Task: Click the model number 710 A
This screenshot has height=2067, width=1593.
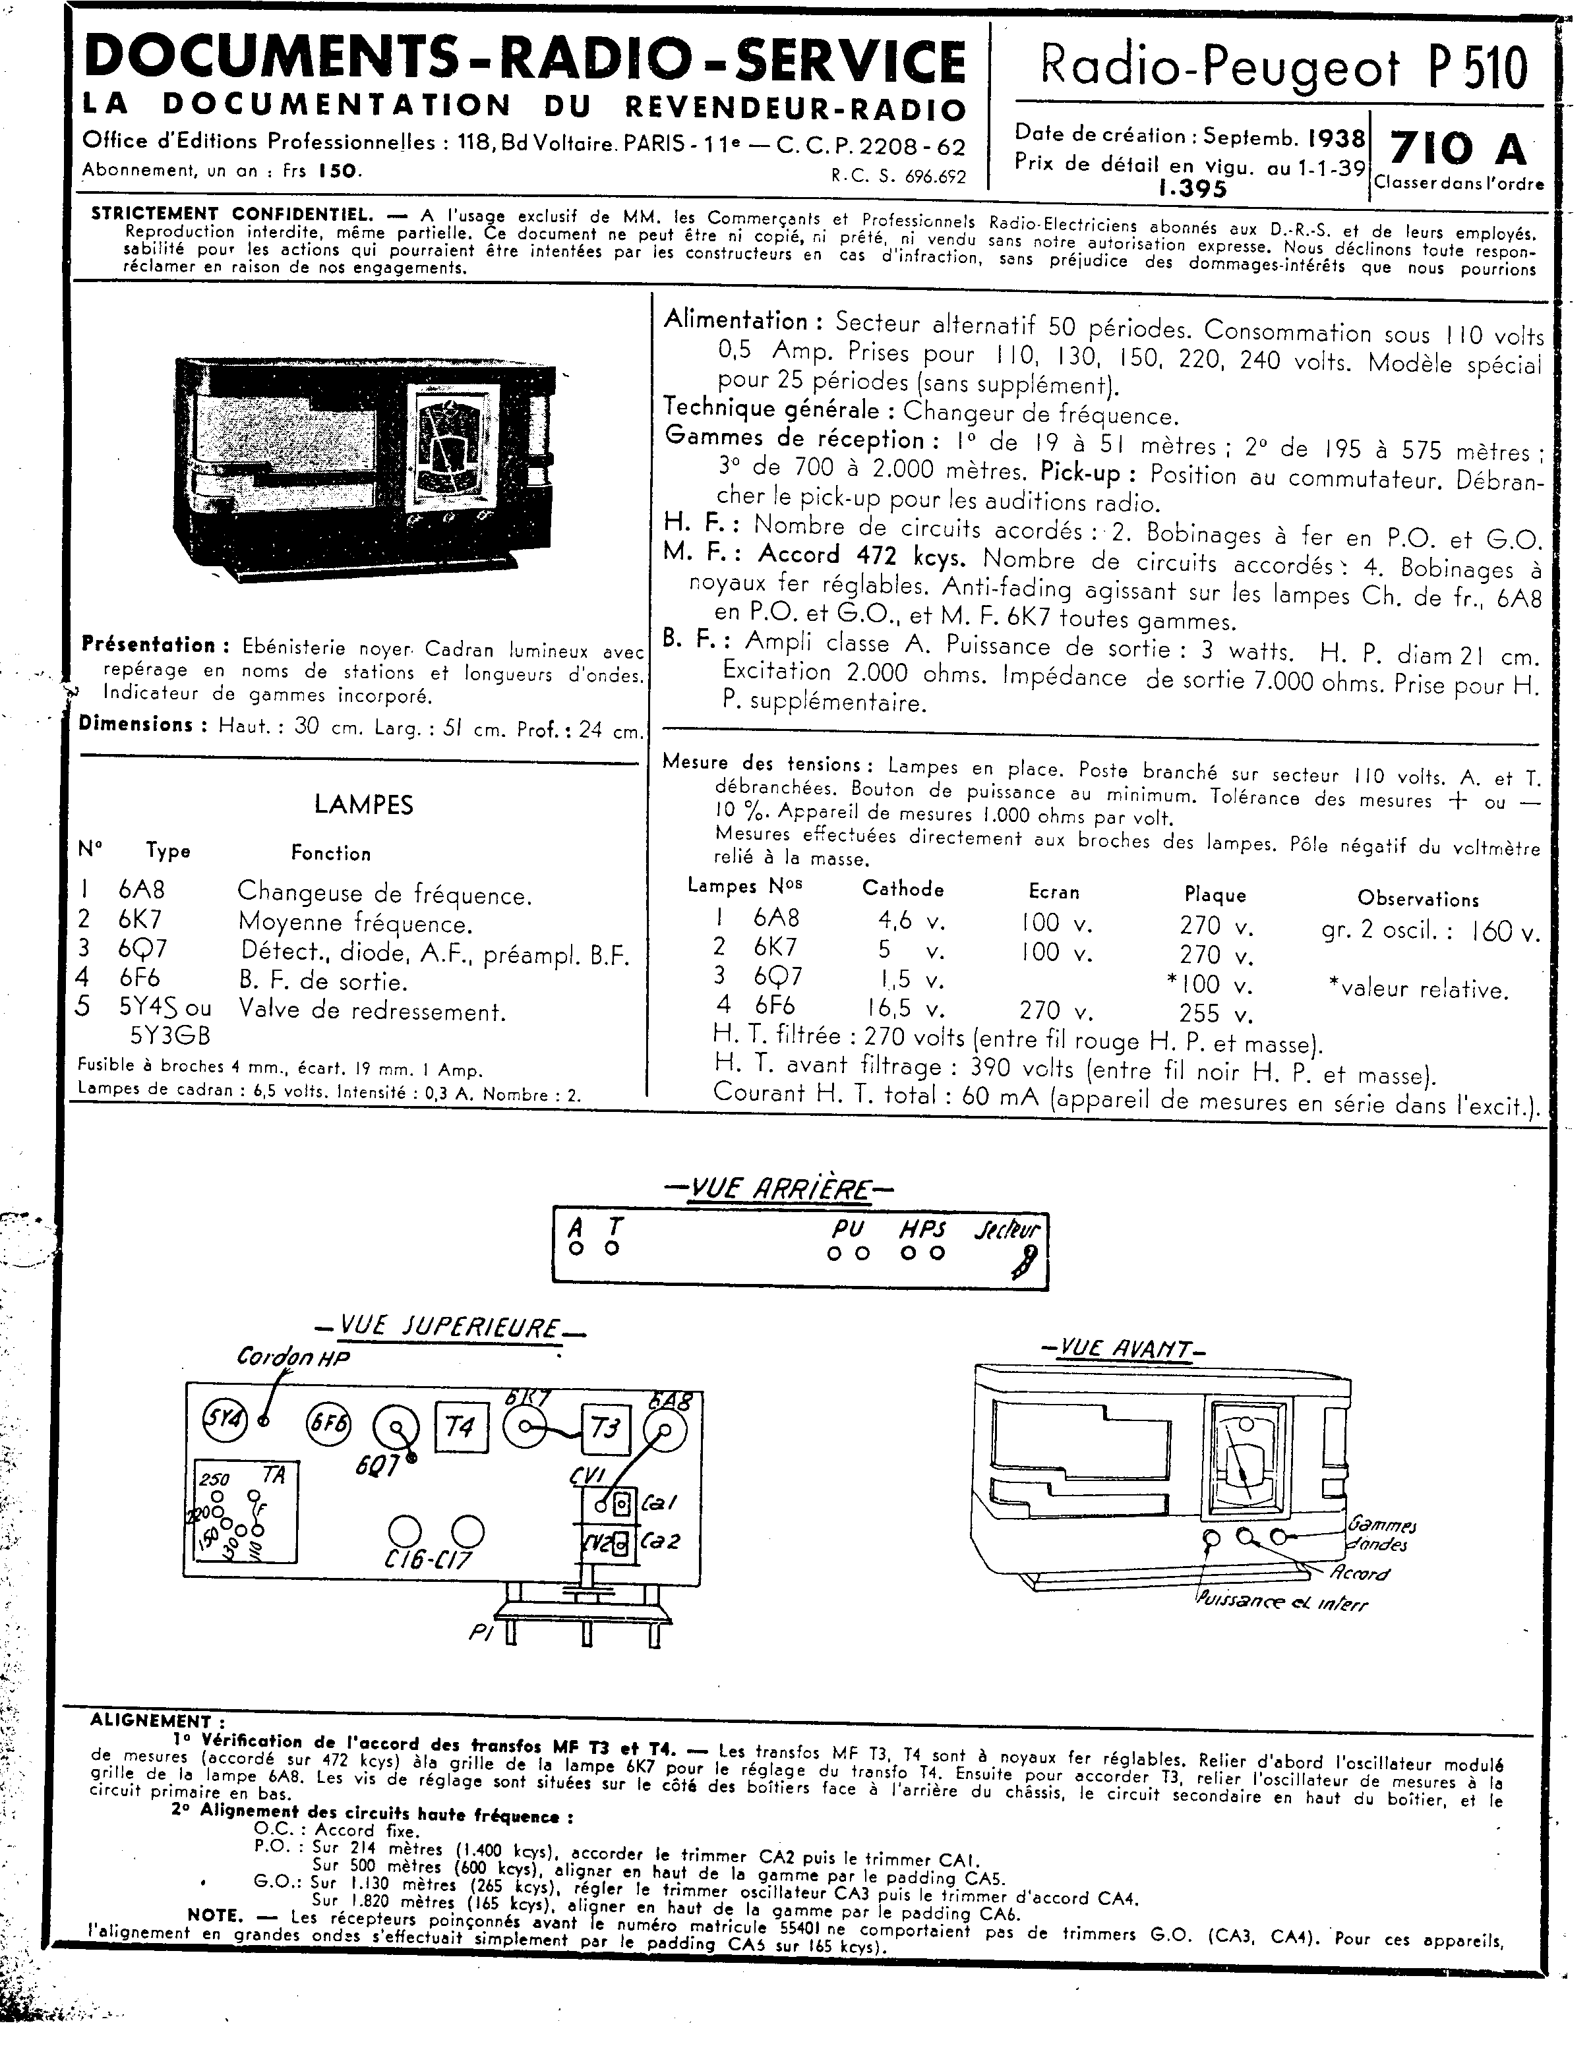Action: point(1458,148)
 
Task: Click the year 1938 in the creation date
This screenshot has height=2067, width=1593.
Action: point(1337,138)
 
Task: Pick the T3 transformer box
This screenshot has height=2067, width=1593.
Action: point(606,1427)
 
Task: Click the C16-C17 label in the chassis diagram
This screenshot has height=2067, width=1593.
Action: point(429,1559)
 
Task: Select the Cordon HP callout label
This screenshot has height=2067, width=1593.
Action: point(293,1356)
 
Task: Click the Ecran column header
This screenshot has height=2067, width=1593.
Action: point(1054,892)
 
